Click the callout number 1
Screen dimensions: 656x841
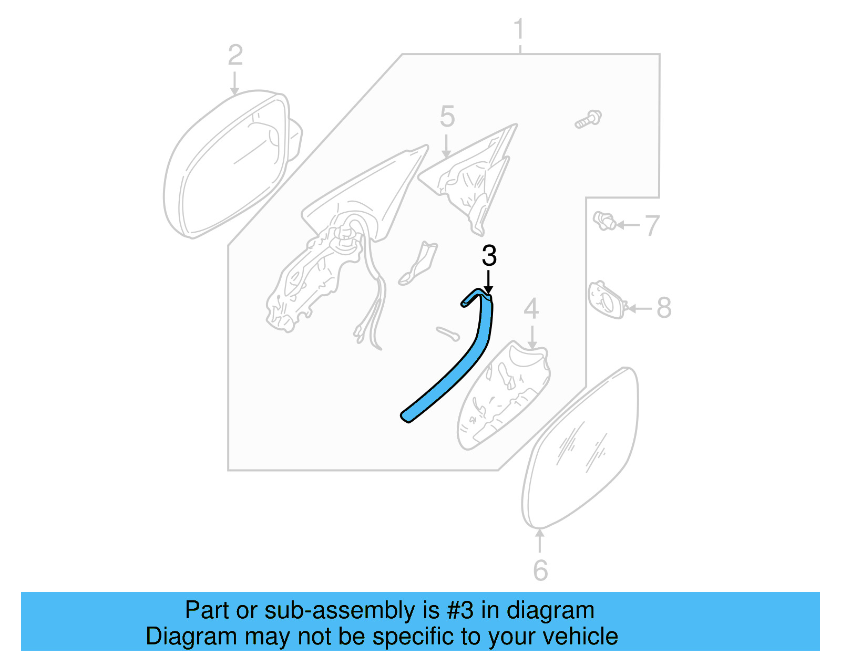(519, 29)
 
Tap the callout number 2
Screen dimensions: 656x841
(235, 55)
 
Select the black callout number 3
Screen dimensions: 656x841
(489, 256)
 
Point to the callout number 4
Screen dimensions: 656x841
(531, 309)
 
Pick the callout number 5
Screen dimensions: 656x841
(447, 117)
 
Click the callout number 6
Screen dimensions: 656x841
(540, 570)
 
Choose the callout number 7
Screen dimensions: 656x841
(652, 226)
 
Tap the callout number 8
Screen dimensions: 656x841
(664, 308)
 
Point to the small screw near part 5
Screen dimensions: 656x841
(588, 119)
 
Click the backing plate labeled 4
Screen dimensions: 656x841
(505, 394)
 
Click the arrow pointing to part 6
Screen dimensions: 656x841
(539, 541)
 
